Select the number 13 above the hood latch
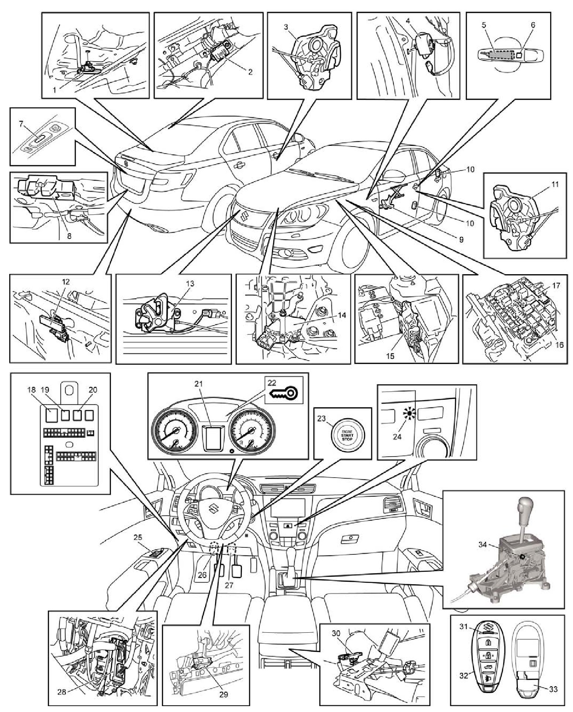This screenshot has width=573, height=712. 190,283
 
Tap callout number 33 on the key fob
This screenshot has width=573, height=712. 553,689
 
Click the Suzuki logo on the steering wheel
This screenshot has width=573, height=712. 213,512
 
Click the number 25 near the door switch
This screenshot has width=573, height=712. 138,537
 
